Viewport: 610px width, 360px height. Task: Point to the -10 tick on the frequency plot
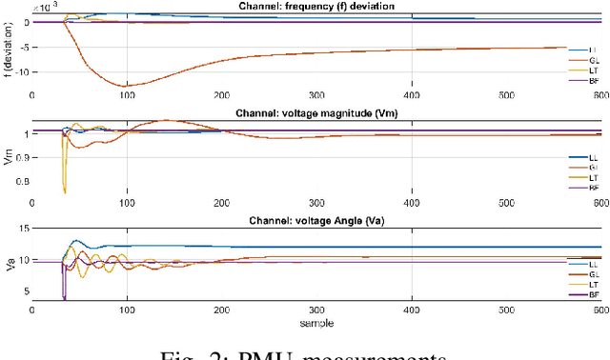(x=20, y=71)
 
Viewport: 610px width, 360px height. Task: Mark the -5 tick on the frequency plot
(x=23, y=47)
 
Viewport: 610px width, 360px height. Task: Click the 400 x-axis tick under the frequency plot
(x=412, y=95)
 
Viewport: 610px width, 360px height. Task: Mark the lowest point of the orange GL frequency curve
(x=95, y=86)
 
